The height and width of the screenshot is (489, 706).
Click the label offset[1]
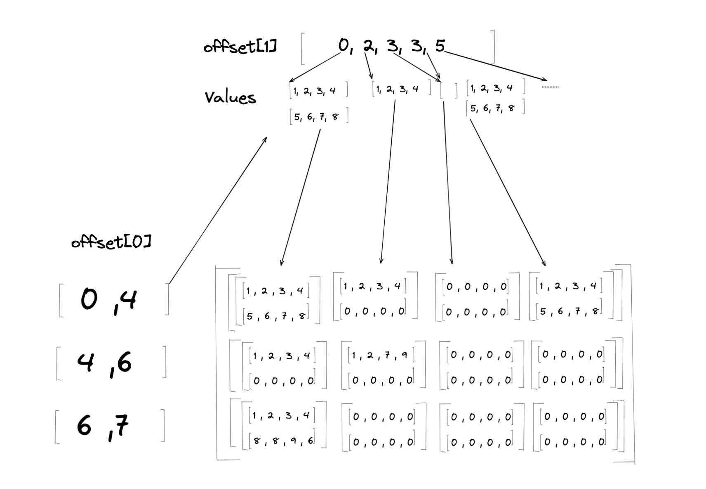(x=240, y=47)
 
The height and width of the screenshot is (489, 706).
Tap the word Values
(x=230, y=98)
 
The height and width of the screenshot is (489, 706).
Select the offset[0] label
(x=111, y=242)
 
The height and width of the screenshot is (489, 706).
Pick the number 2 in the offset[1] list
(x=368, y=46)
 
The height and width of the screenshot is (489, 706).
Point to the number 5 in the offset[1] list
(x=440, y=46)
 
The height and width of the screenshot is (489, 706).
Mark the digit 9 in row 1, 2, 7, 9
(x=404, y=355)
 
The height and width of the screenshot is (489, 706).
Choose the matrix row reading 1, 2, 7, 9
(x=380, y=355)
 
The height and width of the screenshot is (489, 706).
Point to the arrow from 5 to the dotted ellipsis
(x=495, y=66)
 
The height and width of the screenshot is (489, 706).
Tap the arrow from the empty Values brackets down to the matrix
(x=448, y=181)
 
